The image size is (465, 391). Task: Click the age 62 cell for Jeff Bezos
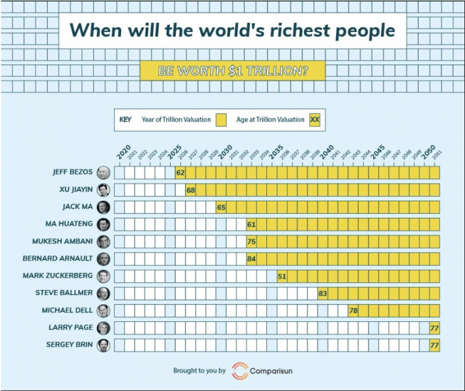point(180,173)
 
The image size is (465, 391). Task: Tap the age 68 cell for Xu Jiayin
point(191,190)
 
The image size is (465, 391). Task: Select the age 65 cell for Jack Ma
point(221,207)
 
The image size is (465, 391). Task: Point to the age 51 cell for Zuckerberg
point(282,276)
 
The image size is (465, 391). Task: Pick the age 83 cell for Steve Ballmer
point(322,293)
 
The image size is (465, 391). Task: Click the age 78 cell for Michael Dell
point(353,310)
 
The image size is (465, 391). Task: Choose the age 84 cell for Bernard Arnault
point(251,259)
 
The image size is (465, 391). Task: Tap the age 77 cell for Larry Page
point(434,327)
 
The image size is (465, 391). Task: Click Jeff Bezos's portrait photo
point(103,173)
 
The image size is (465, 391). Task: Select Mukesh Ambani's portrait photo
point(103,242)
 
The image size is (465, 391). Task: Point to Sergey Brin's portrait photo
point(103,345)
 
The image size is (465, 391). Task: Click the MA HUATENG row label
point(70,224)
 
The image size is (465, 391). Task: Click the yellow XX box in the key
point(315,119)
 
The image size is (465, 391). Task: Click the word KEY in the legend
point(126,119)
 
